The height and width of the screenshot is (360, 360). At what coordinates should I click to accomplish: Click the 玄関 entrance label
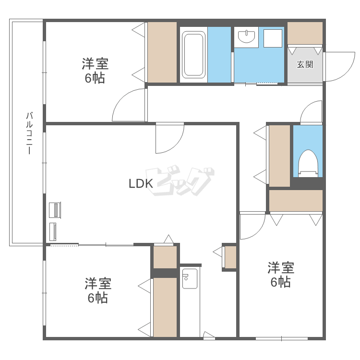point(305,64)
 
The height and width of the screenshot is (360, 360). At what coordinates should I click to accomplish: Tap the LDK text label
point(141,183)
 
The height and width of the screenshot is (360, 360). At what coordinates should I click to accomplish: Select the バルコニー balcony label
point(29,132)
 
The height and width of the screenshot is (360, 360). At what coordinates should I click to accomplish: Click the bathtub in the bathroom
point(193,55)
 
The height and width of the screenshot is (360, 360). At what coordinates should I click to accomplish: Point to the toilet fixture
point(308,163)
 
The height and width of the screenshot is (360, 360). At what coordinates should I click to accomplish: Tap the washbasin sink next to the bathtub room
point(246,36)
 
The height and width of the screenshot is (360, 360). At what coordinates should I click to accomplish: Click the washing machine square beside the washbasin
point(273,38)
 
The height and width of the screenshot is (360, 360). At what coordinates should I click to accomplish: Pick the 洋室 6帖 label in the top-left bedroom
point(95,71)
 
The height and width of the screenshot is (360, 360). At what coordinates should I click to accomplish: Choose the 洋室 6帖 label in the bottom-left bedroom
point(98,290)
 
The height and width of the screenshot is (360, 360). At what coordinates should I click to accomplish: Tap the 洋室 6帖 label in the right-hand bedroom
point(281,275)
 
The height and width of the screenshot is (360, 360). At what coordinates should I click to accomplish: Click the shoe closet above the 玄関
point(305,33)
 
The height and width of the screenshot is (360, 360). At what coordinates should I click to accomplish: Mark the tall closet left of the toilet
point(279,156)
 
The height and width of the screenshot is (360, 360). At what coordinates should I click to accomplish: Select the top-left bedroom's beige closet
point(162,52)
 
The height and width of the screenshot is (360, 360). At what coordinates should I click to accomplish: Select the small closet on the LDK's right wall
point(230,257)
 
